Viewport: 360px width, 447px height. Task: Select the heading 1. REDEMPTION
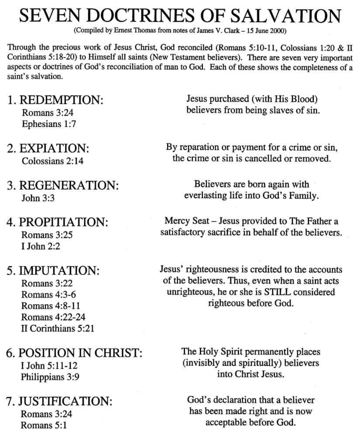55,100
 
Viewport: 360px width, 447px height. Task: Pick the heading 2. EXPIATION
48,148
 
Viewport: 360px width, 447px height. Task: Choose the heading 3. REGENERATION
63,185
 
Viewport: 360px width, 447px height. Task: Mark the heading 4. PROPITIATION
58,222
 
